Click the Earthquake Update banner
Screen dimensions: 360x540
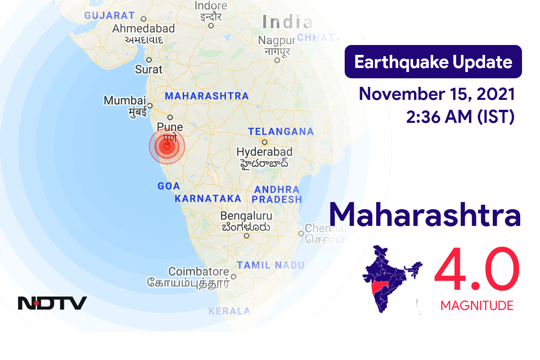[x=433, y=62]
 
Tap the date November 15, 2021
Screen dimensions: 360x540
[x=437, y=94]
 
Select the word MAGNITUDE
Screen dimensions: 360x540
[x=477, y=306]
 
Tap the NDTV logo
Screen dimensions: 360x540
[x=52, y=303]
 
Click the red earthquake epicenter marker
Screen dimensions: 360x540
[x=167, y=146]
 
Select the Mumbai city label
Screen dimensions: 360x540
[x=125, y=100]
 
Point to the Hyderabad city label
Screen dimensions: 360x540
[x=264, y=152]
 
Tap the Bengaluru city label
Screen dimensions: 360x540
[x=246, y=216]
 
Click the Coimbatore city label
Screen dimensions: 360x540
[x=198, y=272]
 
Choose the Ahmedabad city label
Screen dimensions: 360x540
[x=143, y=29]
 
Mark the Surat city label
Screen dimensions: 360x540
[x=148, y=69]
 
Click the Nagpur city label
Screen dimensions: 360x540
[x=277, y=40]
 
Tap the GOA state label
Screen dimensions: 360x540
[x=169, y=186]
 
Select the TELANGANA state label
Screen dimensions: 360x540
[x=281, y=132]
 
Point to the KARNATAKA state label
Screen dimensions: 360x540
[x=208, y=198]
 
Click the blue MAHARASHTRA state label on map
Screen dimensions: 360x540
[x=207, y=96]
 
